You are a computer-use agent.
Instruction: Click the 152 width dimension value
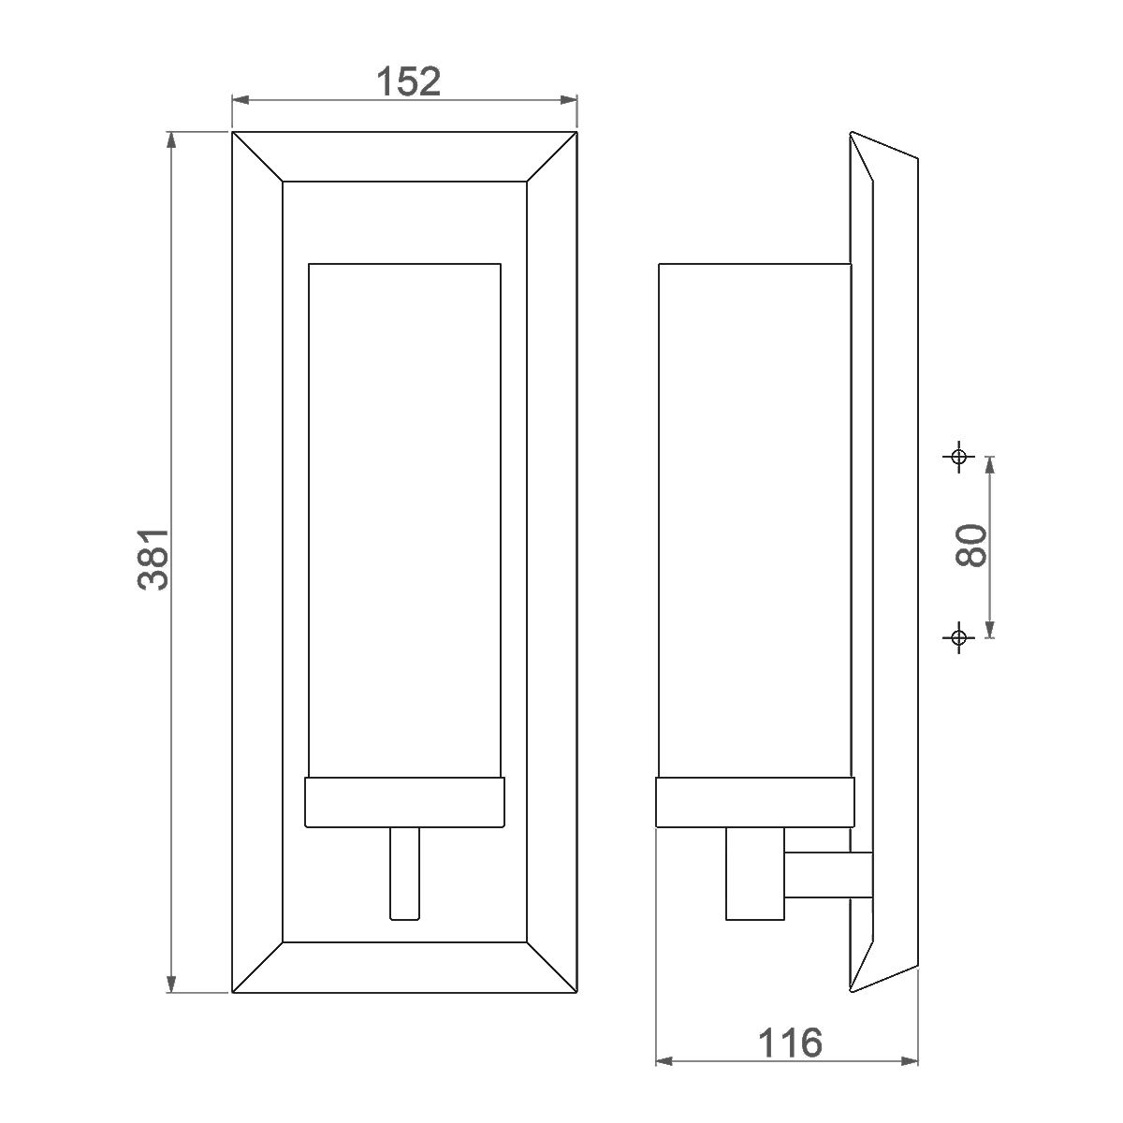coord(409,81)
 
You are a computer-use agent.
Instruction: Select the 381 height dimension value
coord(153,560)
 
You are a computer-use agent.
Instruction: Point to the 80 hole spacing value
coord(971,545)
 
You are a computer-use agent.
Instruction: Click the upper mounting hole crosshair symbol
coord(958,457)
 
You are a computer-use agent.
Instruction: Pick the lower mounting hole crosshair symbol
coord(958,637)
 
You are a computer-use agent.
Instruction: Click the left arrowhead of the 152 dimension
coord(241,100)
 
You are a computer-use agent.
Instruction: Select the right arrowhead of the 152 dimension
coord(568,100)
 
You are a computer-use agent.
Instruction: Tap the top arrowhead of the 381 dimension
coord(170,141)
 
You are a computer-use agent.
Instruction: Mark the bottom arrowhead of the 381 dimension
coord(170,983)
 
